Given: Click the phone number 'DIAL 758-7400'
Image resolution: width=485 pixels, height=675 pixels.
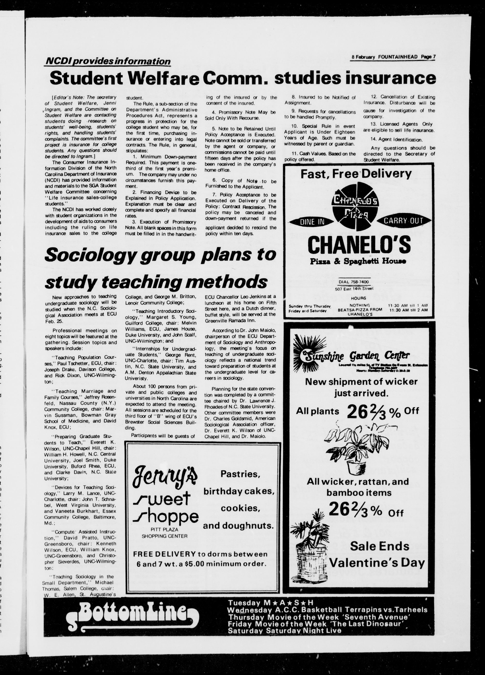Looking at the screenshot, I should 354,282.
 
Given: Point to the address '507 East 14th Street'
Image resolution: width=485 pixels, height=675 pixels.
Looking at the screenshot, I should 354,288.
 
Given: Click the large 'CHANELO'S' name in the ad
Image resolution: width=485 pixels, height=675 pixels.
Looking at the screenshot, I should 359,245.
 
